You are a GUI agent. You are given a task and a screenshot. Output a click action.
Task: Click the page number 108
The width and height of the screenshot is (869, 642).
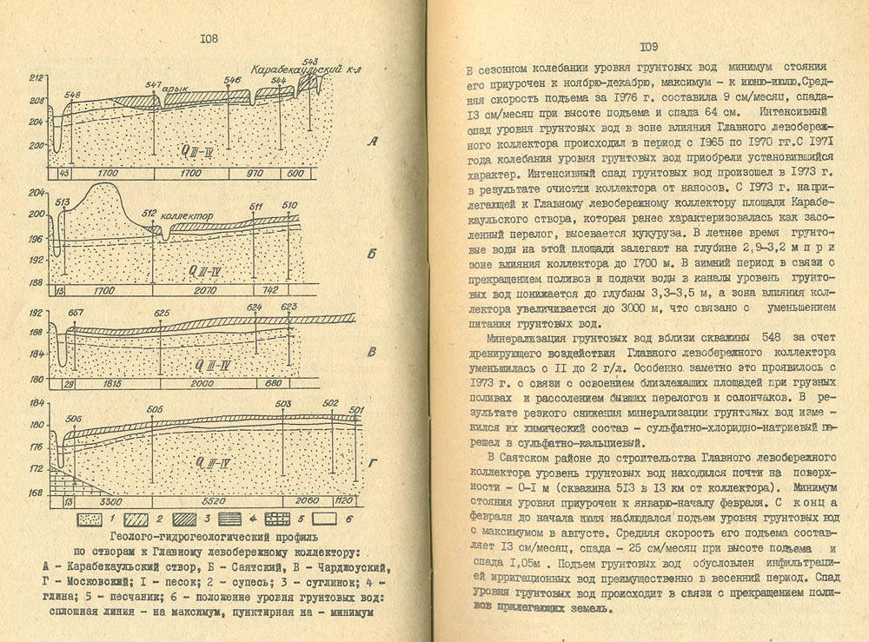click(209, 37)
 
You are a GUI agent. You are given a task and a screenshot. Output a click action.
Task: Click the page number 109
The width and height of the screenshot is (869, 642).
click(653, 47)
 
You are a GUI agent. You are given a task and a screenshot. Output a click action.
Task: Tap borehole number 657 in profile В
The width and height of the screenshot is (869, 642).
click(75, 312)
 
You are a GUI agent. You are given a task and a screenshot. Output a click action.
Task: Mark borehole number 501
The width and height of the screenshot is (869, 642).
click(355, 409)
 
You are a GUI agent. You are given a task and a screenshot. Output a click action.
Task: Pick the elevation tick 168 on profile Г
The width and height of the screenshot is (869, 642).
click(37, 492)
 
